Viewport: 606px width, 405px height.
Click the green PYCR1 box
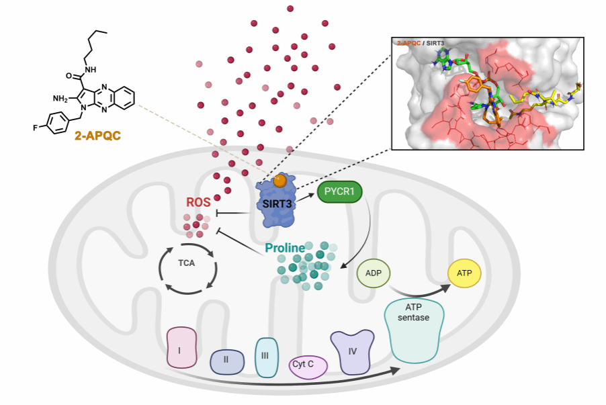click(x=340, y=193)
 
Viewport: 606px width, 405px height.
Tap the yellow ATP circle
click(x=464, y=273)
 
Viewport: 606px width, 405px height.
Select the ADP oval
click(x=374, y=273)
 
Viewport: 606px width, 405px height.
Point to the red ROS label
click(x=199, y=201)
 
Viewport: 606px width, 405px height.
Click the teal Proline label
click(x=285, y=248)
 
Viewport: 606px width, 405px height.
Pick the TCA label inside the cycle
click(x=187, y=263)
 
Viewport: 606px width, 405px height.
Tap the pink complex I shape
click(x=181, y=347)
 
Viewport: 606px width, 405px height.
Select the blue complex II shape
click(x=226, y=360)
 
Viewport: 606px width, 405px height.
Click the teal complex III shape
click(x=265, y=356)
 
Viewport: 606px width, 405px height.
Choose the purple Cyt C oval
click(x=308, y=365)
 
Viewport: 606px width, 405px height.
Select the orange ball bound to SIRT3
click(x=280, y=181)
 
